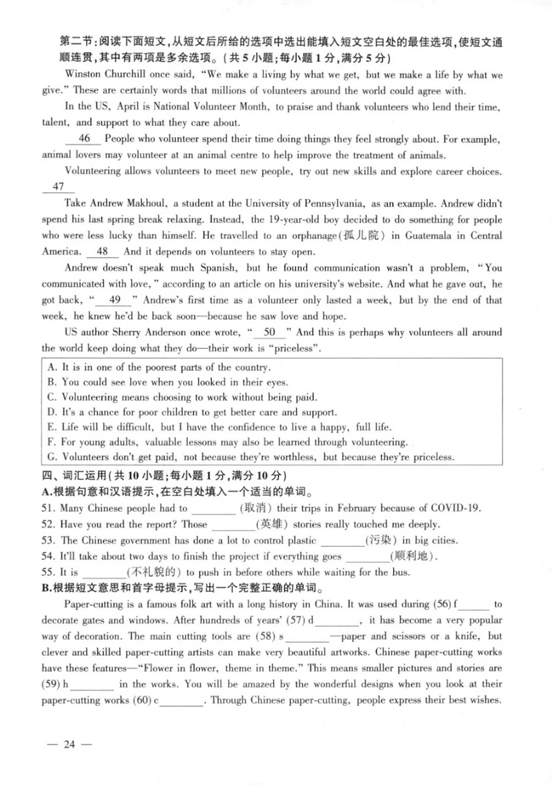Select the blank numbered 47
[58, 187]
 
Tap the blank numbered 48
[102, 252]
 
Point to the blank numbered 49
[116, 299]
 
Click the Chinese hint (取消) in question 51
[254, 509]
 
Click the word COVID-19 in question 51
[451, 509]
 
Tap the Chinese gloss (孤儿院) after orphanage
[362, 236]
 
